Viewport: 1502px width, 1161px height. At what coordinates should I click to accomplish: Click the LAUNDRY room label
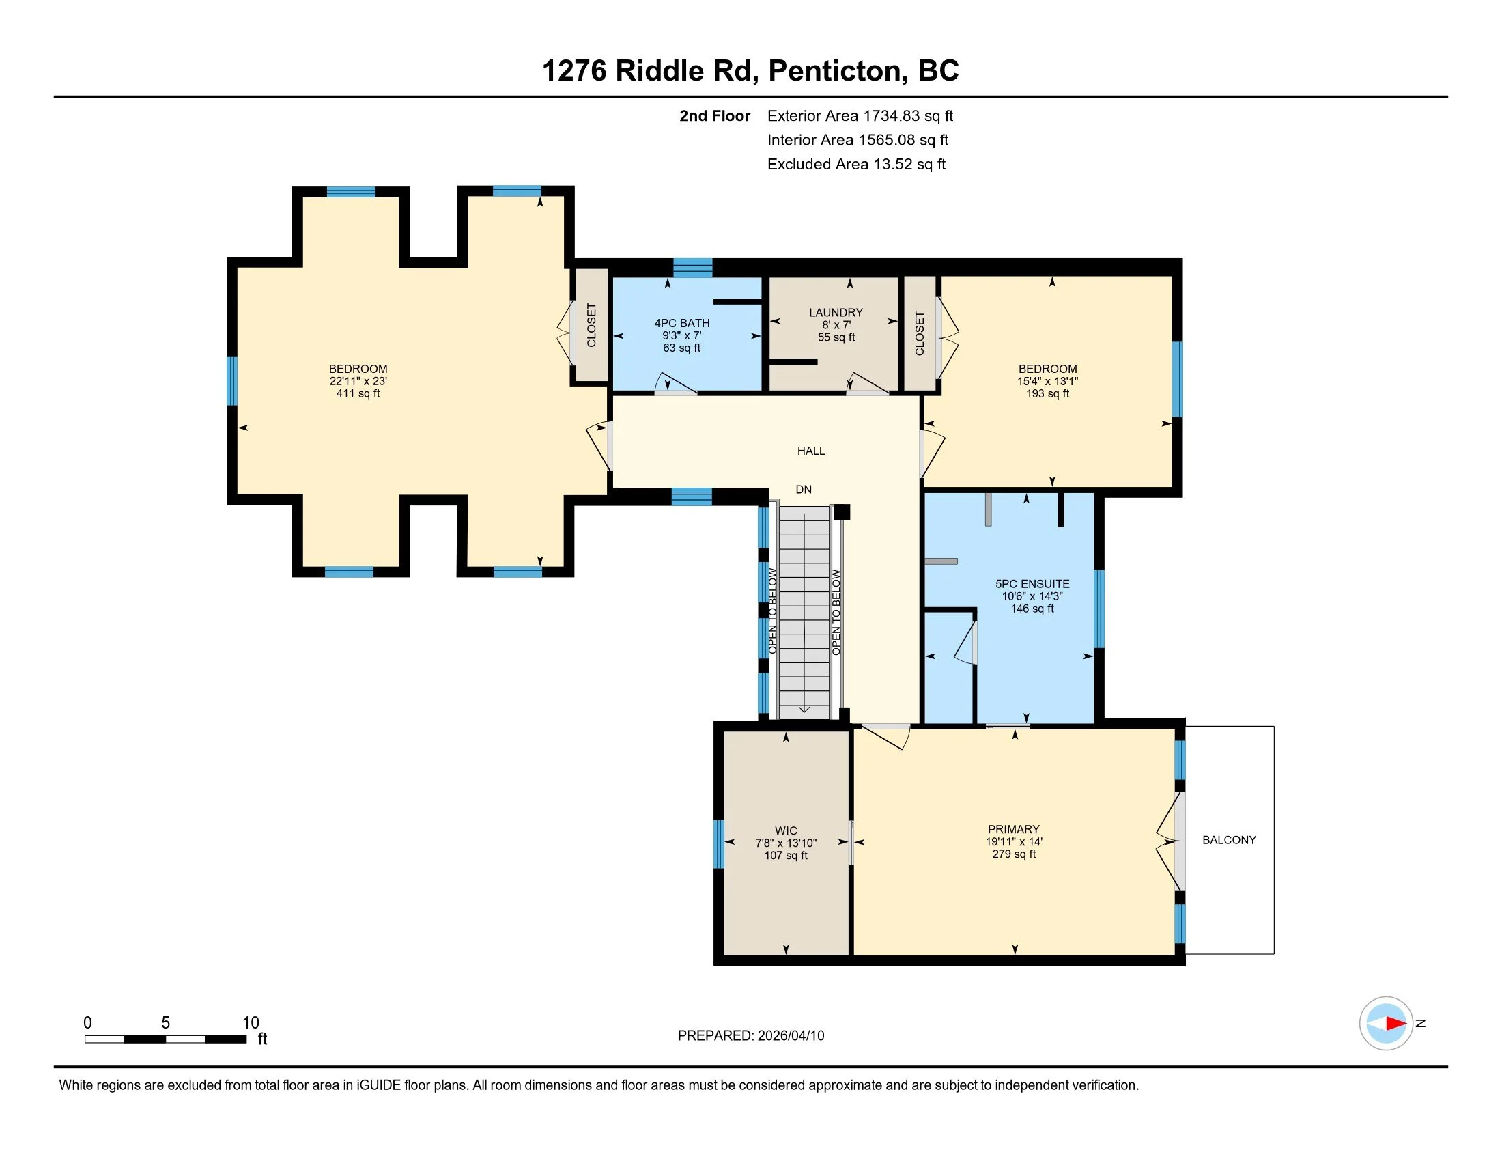pyautogui.click(x=836, y=312)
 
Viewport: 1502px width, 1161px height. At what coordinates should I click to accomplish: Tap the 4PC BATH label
pyautogui.click(x=681, y=323)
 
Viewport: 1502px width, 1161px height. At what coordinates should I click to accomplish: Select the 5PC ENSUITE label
pyautogui.click(x=1032, y=584)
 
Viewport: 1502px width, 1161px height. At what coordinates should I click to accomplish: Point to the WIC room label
pyautogui.click(x=786, y=831)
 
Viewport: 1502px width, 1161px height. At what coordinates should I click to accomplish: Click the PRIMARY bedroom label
pyautogui.click(x=1014, y=830)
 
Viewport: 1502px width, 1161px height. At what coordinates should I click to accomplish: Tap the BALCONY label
pyautogui.click(x=1229, y=840)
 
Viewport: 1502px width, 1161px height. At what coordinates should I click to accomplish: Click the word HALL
pyautogui.click(x=811, y=451)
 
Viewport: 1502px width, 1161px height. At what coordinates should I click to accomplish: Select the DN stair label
pyautogui.click(x=804, y=490)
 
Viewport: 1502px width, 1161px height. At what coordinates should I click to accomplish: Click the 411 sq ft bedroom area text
pyautogui.click(x=358, y=393)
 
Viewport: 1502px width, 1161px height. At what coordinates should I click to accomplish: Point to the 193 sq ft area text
pyautogui.click(x=1047, y=393)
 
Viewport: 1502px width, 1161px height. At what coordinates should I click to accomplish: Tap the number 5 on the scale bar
pyautogui.click(x=165, y=1023)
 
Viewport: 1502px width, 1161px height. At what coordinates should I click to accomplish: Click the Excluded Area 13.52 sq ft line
pyautogui.click(x=856, y=165)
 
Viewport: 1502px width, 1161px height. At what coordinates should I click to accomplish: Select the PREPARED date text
pyautogui.click(x=750, y=1036)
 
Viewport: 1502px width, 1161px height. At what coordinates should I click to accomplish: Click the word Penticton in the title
pyautogui.click(x=834, y=71)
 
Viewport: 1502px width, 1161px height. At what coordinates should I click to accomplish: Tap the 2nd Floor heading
pyautogui.click(x=715, y=116)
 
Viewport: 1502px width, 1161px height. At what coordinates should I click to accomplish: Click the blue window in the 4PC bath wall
pyautogui.click(x=692, y=268)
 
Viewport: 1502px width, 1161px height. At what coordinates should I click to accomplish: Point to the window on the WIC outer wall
pyautogui.click(x=719, y=844)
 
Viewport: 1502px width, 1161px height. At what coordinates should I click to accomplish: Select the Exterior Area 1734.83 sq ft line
pyautogui.click(x=860, y=116)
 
